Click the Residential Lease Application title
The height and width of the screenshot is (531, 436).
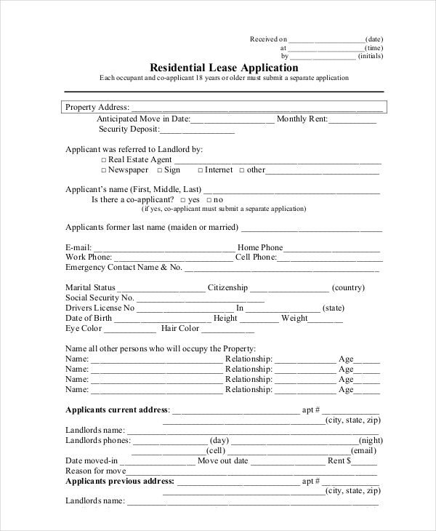(223, 68)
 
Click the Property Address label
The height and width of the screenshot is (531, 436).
(97, 107)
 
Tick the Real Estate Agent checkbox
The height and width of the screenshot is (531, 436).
(104, 159)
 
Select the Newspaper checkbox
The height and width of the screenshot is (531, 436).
(104, 170)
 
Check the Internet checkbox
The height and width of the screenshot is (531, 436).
(200, 170)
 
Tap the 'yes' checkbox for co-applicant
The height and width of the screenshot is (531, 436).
(182, 199)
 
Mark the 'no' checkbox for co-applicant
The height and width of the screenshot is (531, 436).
(209, 199)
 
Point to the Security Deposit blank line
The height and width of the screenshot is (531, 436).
(197, 131)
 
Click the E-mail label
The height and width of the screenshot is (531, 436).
(78, 247)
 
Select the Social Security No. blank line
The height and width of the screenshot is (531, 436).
(201, 298)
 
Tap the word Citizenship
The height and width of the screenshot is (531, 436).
(227, 288)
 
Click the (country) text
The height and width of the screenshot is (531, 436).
(348, 288)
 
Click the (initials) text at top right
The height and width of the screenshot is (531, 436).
(371, 56)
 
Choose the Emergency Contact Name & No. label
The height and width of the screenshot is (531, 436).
(124, 268)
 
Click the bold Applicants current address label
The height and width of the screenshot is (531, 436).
(117, 410)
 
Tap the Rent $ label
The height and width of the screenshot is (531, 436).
(340, 460)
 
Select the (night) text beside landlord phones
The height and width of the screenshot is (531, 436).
(371, 440)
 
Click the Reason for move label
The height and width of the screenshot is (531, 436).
(96, 471)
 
